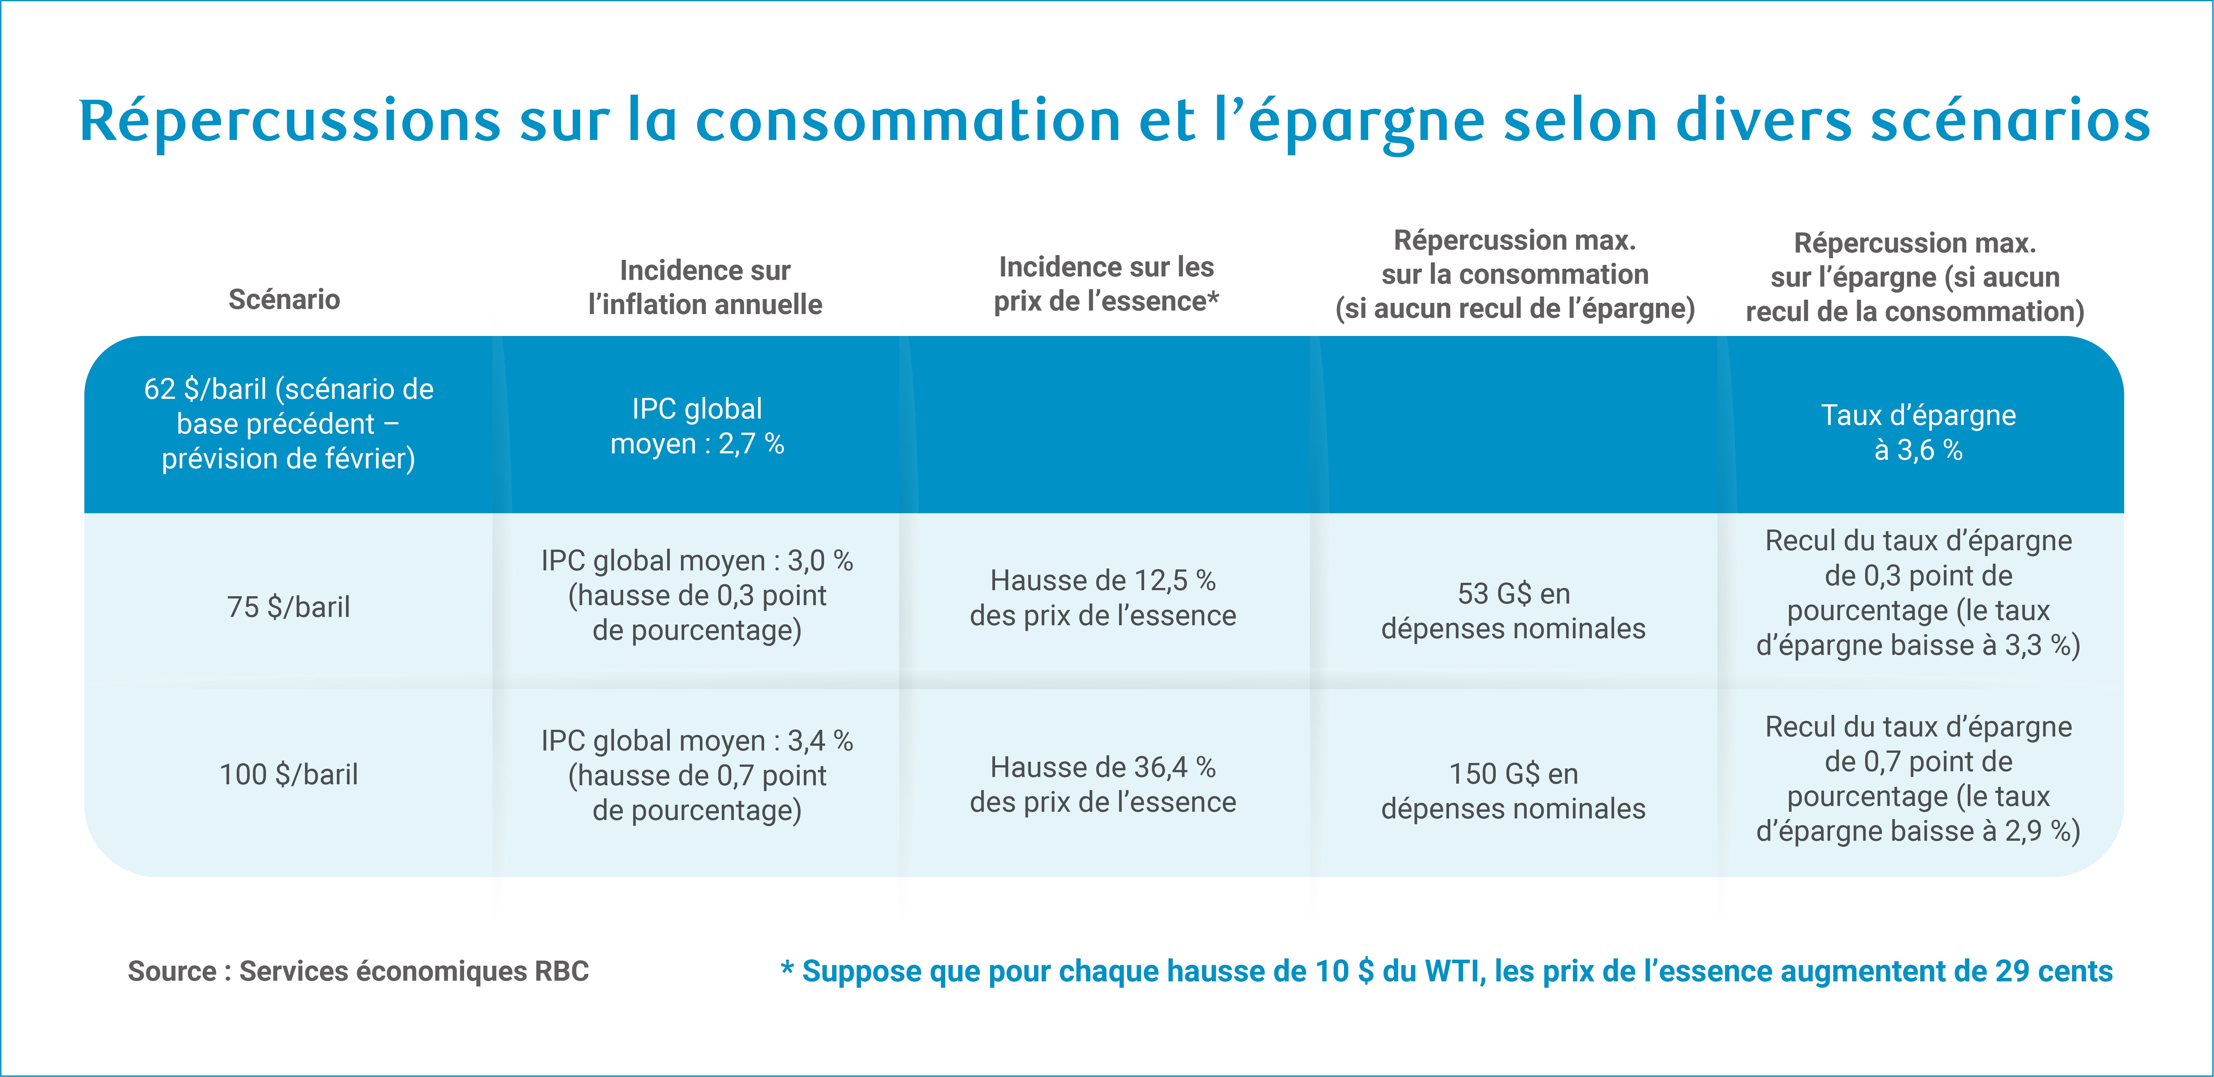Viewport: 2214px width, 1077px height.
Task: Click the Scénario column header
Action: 284,299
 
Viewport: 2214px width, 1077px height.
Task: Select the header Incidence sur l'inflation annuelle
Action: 705,287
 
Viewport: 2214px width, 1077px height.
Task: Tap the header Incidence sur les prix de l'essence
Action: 1106,284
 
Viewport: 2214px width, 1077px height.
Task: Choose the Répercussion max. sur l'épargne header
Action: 1915,277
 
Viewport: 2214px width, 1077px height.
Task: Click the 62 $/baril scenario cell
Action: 289,424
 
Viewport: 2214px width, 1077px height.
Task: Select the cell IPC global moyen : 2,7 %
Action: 697,426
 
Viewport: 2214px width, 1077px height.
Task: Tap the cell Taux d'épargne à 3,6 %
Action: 1918,432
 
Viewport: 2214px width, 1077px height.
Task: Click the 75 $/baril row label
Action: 289,607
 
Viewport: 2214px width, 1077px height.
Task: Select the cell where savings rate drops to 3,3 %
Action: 1918,593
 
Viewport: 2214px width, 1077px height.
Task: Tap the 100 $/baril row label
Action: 289,774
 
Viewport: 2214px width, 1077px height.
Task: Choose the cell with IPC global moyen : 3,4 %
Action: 697,775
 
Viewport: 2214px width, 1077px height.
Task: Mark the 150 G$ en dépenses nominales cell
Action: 1514,791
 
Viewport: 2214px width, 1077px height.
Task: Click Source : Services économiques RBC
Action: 358,971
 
